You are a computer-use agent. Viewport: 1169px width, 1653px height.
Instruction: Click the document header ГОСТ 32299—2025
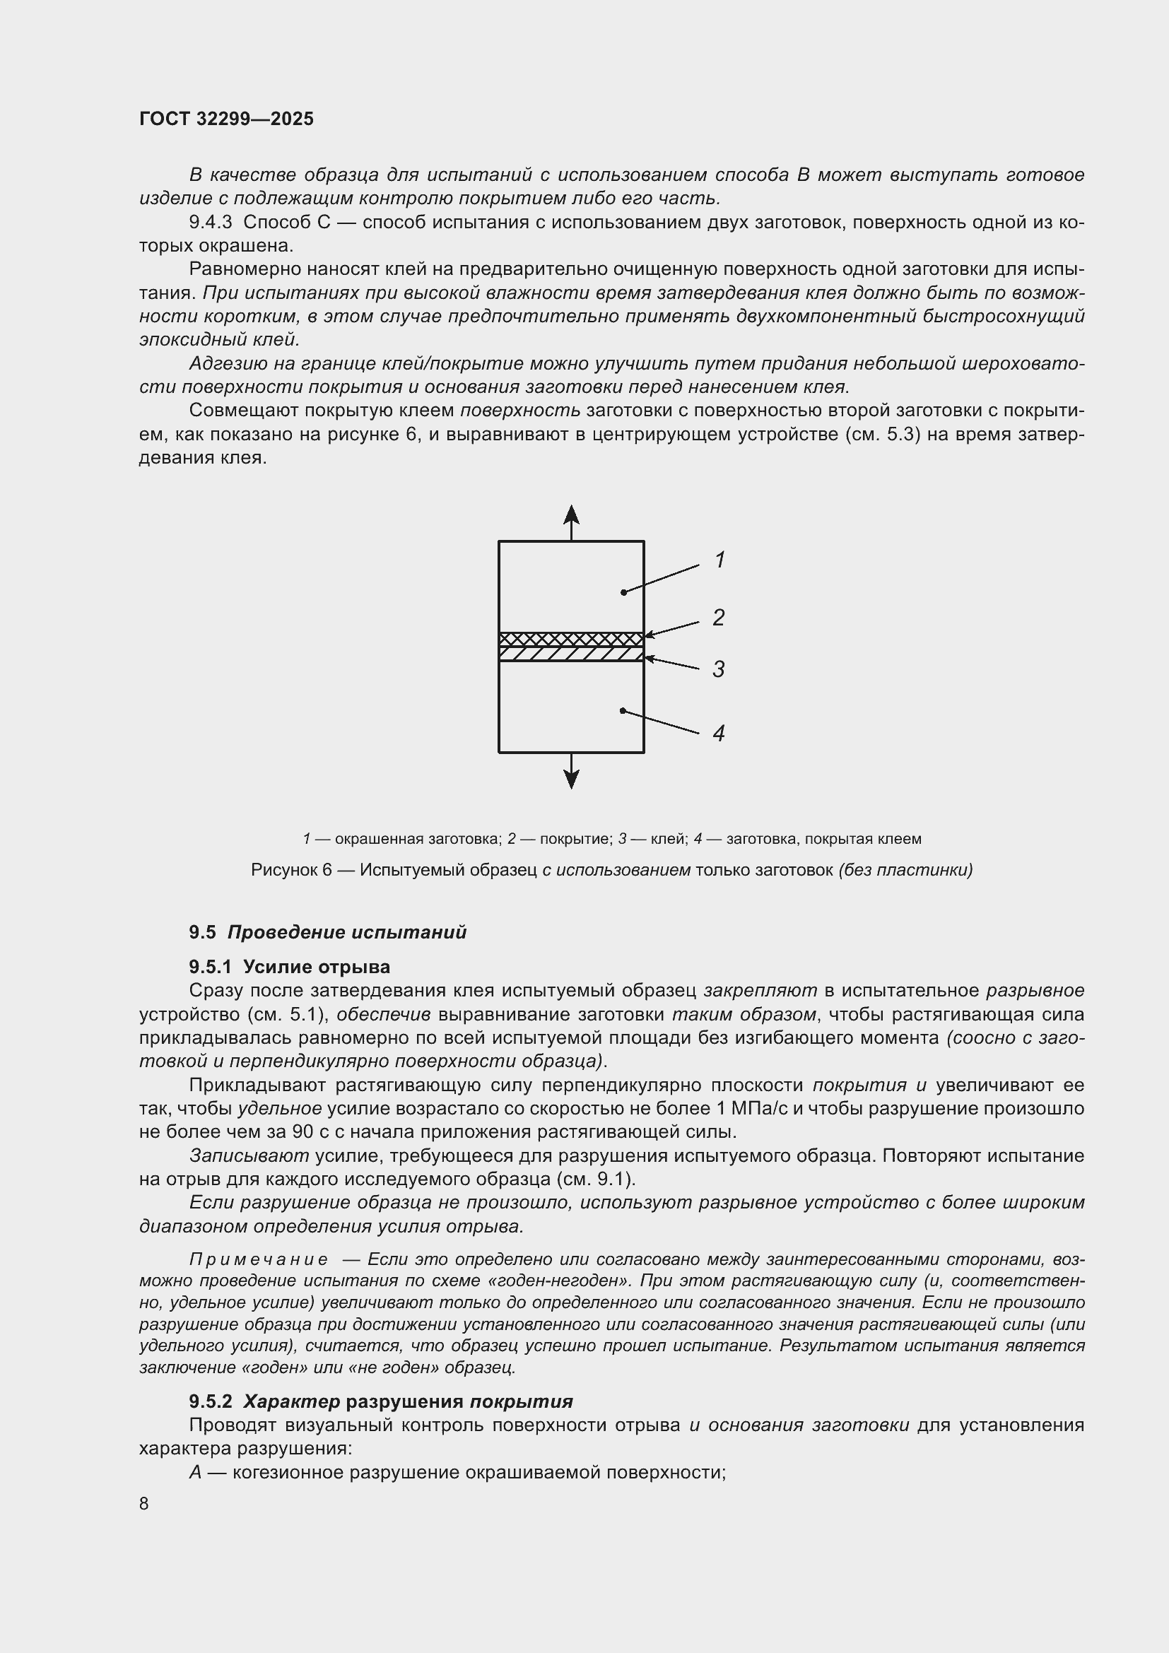(x=226, y=119)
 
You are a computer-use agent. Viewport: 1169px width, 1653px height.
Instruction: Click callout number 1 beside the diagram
(x=719, y=560)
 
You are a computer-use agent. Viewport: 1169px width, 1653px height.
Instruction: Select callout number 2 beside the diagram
(x=718, y=617)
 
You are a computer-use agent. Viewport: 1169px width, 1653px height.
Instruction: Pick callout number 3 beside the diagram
(x=718, y=669)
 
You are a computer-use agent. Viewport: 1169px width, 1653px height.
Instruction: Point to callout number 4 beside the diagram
(x=718, y=733)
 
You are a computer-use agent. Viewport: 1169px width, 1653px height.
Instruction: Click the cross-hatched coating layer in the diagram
(x=571, y=639)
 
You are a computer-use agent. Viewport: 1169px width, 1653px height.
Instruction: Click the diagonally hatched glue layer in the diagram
(x=571, y=654)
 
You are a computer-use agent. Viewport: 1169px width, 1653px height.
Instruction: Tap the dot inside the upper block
(x=623, y=592)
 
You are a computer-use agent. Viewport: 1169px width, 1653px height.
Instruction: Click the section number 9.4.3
(x=210, y=223)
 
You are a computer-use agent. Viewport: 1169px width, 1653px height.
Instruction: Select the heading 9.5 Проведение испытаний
(x=327, y=932)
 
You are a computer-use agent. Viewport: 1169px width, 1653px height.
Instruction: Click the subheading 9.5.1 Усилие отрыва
(x=289, y=967)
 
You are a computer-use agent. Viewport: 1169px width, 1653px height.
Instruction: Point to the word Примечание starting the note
(x=259, y=1259)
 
